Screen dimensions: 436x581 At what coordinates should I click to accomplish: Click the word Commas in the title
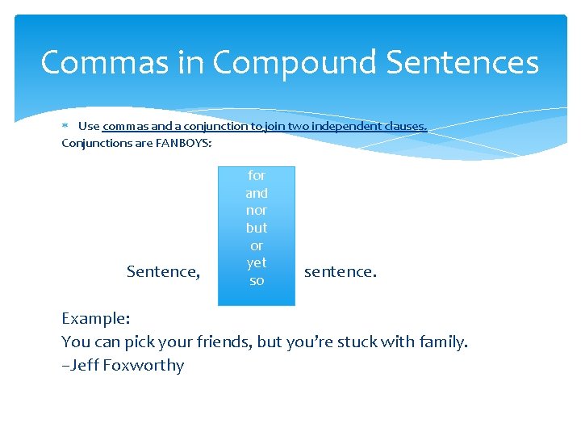[x=94, y=62]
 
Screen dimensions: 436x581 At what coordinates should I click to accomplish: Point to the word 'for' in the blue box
[x=257, y=175]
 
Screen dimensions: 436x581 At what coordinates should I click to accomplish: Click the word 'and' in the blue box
[x=257, y=193]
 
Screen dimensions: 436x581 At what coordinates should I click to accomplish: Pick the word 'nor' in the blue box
[x=257, y=210]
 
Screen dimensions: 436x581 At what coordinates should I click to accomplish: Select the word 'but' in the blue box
[x=257, y=228]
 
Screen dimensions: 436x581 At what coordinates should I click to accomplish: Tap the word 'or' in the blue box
[x=257, y=245]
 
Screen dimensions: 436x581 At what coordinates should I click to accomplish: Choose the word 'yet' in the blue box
[x=257, y=262]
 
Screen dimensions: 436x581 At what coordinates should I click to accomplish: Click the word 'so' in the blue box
[x=257, y=280]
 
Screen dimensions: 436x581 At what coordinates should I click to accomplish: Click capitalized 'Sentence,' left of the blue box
[x=163, y=271]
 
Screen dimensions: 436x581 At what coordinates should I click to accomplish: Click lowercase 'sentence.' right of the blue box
[x=340, y=271]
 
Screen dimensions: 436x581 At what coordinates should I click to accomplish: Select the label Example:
[x=96, y=319]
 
